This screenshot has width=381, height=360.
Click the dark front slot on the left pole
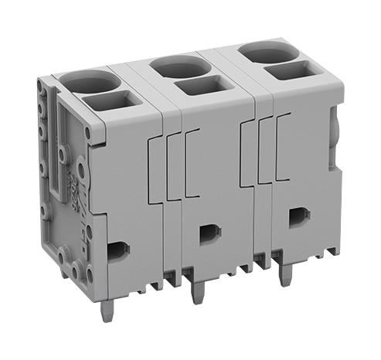tap(118, 249)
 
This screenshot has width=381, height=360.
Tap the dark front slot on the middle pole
tap(206, 233)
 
